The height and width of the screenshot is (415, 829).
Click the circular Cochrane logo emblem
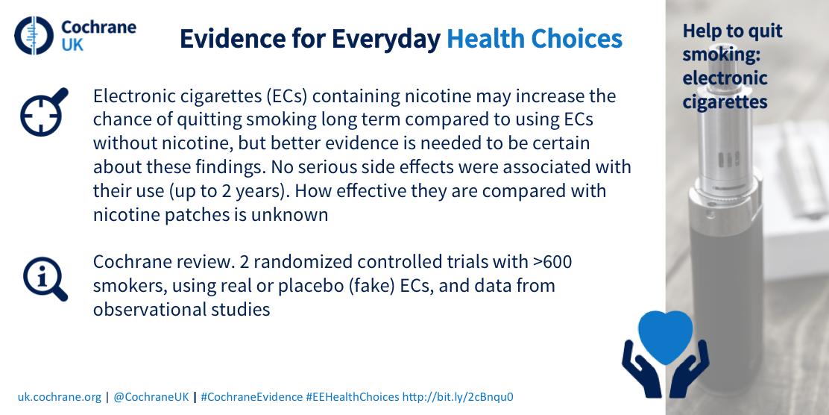34,36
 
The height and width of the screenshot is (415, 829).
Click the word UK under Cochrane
72,45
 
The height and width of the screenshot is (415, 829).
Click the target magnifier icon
44,112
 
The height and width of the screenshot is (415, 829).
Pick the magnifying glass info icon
45,280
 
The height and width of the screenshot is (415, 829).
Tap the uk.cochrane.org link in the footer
59,396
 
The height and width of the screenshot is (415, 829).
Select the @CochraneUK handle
151,396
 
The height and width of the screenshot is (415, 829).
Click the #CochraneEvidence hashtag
252,396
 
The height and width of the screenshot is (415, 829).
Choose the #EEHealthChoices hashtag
353,396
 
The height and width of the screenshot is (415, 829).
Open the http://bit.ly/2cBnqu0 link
458,396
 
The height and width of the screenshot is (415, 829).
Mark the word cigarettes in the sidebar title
725,101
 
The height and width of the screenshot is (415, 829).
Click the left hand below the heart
642,369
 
